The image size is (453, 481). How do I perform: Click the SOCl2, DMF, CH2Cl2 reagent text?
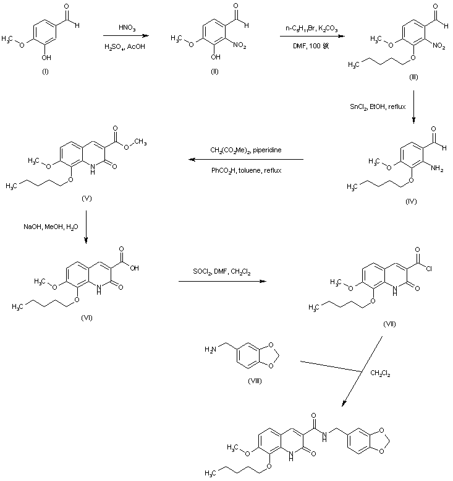coord(219,274)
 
